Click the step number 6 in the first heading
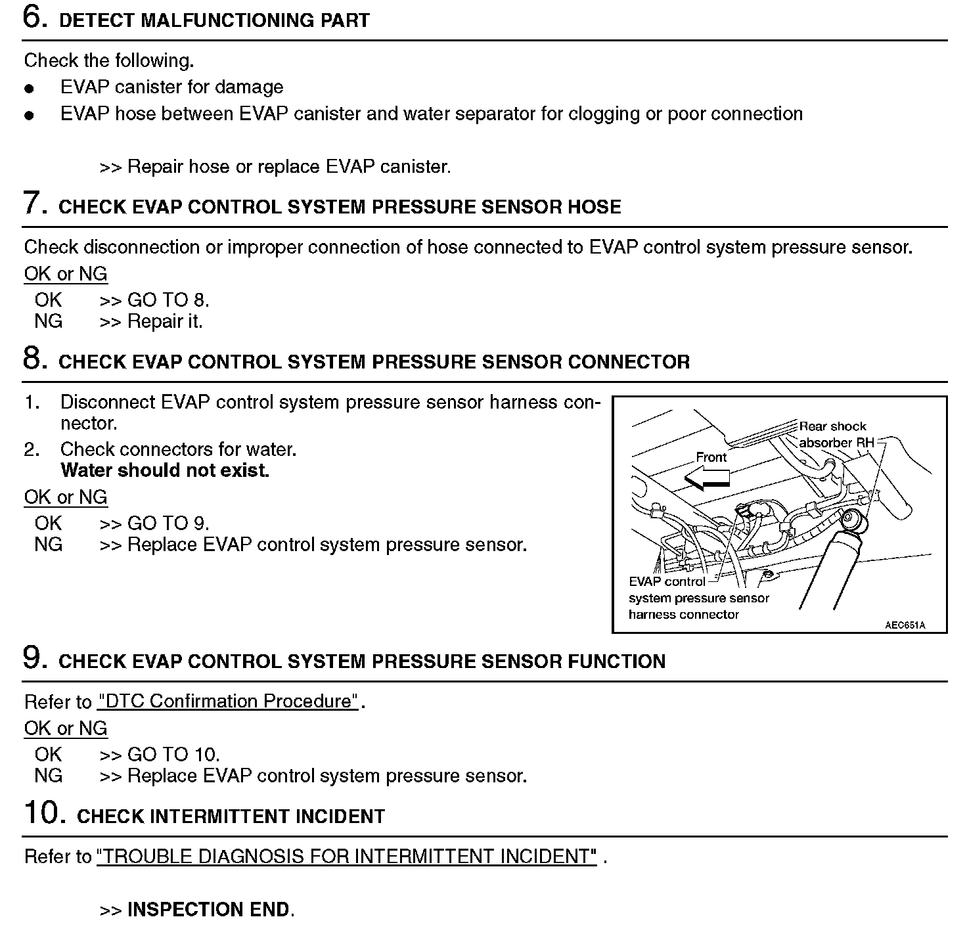pos(35,17)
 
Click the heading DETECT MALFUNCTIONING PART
pos(214,20)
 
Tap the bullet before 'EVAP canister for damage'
pos(28,88)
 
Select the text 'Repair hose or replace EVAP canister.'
pos(289,167)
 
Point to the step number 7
pos(35,203)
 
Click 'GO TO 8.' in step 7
pos(168,300)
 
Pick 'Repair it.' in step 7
pos(165,321)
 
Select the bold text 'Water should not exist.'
pos(165,470)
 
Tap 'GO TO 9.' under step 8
pos(168,524)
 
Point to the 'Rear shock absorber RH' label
pos(836,435)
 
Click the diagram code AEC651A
pos(905,625)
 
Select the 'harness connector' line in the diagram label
pos(683,615)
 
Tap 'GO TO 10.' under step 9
pos(173,755)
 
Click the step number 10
pos(45,813)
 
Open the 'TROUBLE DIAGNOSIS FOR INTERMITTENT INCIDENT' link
pos(347,857)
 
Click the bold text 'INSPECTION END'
pos(208,910)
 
